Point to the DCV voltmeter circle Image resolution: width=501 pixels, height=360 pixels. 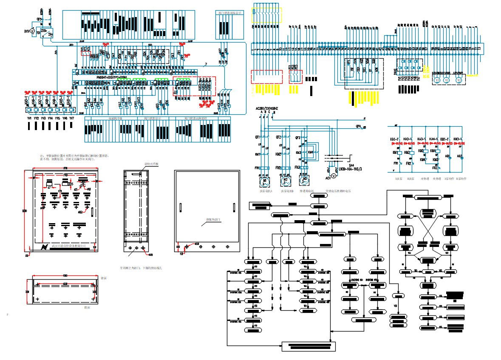[31, 31]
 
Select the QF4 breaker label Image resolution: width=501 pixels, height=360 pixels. [358, 126]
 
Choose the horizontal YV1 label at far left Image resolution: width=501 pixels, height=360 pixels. [29, 118]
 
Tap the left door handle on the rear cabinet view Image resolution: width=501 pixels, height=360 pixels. [180, 208]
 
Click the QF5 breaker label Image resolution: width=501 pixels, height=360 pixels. [39, 19]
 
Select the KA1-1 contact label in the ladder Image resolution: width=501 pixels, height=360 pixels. [394, 139]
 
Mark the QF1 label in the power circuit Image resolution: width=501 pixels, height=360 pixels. [257, 137]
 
